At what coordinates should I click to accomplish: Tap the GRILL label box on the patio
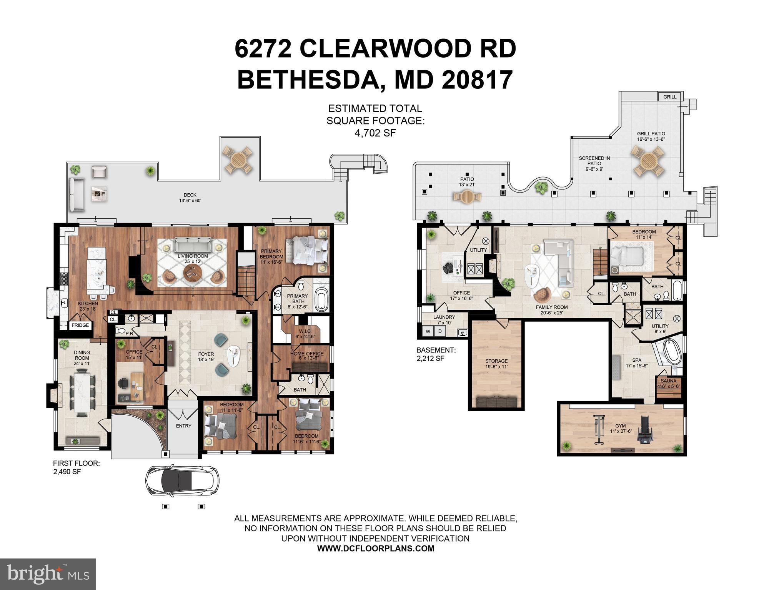pyautogui.click(x=670, y=97)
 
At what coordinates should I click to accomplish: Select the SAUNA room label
pyautogui.click(x=669, y=381)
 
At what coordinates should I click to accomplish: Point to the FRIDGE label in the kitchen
pyautogui.click(x=80, y=325)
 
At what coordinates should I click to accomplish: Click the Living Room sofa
pyautogui.click(x=193, y=244)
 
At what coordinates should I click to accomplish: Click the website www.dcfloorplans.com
pyautogui.click(x=375, y=548)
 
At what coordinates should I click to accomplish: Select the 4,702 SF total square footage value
pyautogui.click(x=375, y=133)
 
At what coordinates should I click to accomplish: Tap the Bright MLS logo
pyautogui.click(x=48, y=574)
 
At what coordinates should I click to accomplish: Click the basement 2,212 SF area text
pyautogui.click(x=430, y=358)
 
